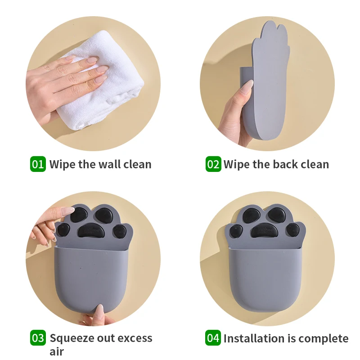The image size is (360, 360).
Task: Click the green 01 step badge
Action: click(38, 164)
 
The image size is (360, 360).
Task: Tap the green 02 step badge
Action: click(213, 164)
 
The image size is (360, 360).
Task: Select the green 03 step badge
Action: click(38, 338)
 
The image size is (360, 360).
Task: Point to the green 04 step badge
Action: click(213, 338)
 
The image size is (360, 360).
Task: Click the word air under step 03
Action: click(57, 351)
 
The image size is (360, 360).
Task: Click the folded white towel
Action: click(115, 85)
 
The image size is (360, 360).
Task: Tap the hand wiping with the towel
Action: click(63, 81)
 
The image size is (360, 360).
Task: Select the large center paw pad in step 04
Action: click(266, 232)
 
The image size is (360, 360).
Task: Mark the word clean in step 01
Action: click(136, 164)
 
